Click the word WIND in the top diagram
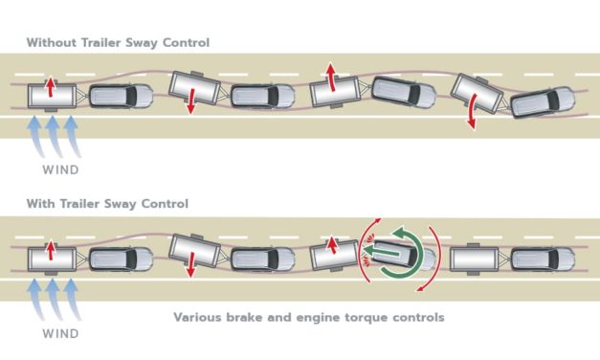(x=61, y=169)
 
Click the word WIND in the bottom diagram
(x=61, y=333)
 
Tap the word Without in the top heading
(x=52, y=42)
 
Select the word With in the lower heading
(x=40, y=203)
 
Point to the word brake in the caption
(x=244, y=317)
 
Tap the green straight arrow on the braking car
(x=382, y=252)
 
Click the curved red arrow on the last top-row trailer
(x=472, y=111)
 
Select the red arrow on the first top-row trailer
(x=50, y=88)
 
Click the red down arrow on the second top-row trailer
(x=191, y=101)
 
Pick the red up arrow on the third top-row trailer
(x=331, y=78)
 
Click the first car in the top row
(x=121, y=96)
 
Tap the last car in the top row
(x=543, y=102)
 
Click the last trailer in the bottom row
(x=475, y=259)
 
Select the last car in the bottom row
(x=543, y=259)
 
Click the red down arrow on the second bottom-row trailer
(x=191, y=264)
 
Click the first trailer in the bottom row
(x=52, y=259)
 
